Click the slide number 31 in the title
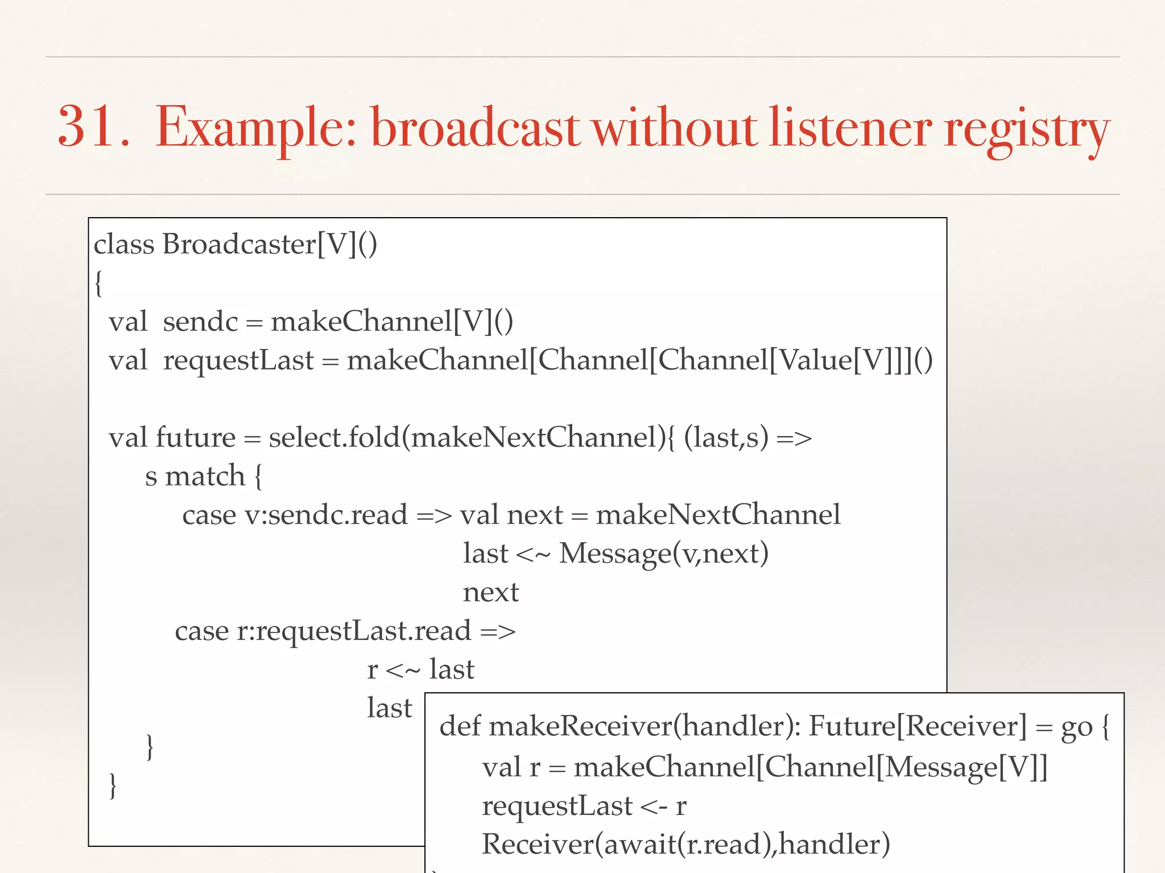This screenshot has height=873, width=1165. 86,127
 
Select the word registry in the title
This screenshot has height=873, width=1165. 1027,130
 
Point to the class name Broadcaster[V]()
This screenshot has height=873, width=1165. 270,244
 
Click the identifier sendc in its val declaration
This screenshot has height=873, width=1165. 200,322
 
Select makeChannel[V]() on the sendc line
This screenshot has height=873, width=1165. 392,322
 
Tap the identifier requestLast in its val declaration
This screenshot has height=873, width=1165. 238,360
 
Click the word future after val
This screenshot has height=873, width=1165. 195,438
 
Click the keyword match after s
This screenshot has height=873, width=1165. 205,476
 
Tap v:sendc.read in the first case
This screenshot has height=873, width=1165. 326,515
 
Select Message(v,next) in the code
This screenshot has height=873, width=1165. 664,554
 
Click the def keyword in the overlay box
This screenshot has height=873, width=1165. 460,726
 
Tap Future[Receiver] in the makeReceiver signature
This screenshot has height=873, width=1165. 918,726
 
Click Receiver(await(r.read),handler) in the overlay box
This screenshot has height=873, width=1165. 686,845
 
